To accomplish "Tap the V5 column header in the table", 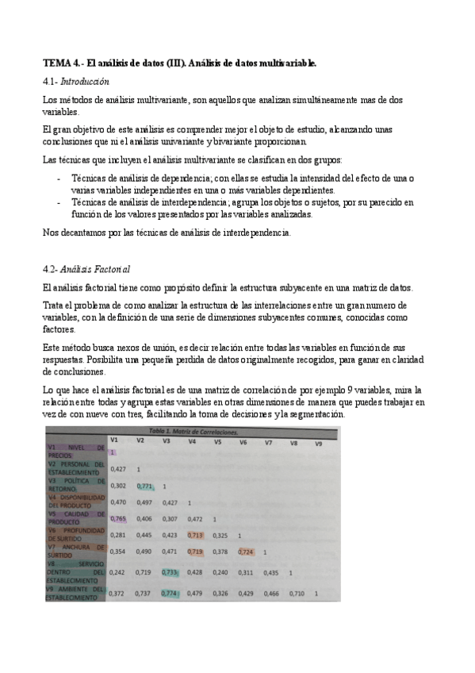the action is tap(216, 441).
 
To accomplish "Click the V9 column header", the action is tap(318, 443).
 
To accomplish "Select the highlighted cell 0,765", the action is tap(118, 518).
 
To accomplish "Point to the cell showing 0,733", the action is tap(168, 571).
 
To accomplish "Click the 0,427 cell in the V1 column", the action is tap(117, 468).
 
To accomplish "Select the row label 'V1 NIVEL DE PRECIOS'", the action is tap(76, 451).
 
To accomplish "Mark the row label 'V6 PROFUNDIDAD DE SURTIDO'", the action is tap(76, 534).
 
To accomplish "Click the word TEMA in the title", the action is tap(56, 63).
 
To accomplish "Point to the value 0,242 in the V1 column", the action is tap(117, 571).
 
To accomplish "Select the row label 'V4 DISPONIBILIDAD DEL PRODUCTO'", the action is tap(76, 502).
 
